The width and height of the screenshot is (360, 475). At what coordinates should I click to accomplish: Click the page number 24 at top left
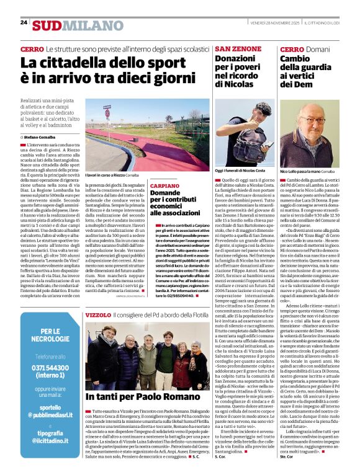24,22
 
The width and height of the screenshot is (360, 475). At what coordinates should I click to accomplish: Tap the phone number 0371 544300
41,368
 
